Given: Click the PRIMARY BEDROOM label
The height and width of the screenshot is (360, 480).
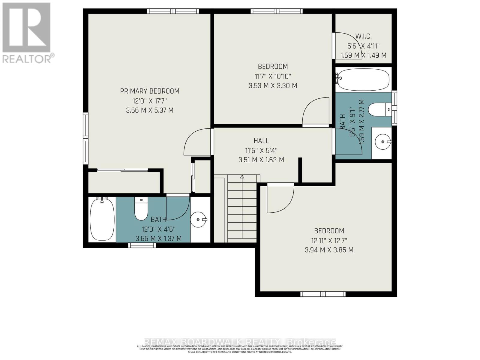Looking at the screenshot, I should pyautogui.click(x=150, y=91).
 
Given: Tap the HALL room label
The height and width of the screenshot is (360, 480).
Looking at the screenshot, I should pyautogui.click(x=261, y=141).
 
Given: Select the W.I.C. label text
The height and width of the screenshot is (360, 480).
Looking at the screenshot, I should pyautogui.click(x=363, y=37).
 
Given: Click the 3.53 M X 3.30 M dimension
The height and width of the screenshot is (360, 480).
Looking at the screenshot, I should pyautogui.click(x=273, y=86).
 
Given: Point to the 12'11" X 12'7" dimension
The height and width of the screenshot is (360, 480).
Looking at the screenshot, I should pyautogui.click(x=329, y=240).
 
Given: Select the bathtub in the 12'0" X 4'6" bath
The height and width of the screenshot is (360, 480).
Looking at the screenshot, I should pyautogui.click(x=102, y=220).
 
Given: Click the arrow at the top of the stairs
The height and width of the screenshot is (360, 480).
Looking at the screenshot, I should pyautogui.click(x=242, y=177).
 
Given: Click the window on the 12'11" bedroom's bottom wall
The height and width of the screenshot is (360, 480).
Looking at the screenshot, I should pyautogui.click(x=323, y=294).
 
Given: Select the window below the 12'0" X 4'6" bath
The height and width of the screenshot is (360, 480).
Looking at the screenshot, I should pyautogui.click(x=142, y=245).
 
